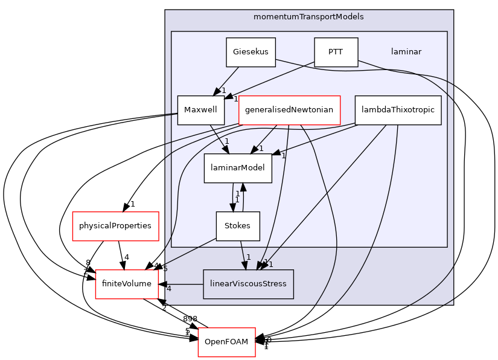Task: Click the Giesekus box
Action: [x=251, y=52]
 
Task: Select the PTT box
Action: [x=336, y=52]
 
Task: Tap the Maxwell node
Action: [x=200, y=110]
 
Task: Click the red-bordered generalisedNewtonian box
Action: [x=289, y=110]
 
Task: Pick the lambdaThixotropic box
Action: [x=398, y=110]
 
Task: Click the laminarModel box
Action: [x=238, y=168]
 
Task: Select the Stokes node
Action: [x=238, y=226]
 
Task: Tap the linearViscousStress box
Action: [x=248, y=284]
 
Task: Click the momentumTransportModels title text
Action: [x=308, y=17]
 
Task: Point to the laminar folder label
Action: [x=406, y=52]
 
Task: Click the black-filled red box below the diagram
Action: [x=226, y=342]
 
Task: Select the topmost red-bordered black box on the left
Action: [x=115, y=226]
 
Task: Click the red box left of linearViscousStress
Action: [x=127, y=284]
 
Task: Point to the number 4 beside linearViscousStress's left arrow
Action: [x=169, y=289]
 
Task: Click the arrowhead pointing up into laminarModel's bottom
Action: [x=243, y=188]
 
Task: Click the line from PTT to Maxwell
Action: [x=272, y=81]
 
